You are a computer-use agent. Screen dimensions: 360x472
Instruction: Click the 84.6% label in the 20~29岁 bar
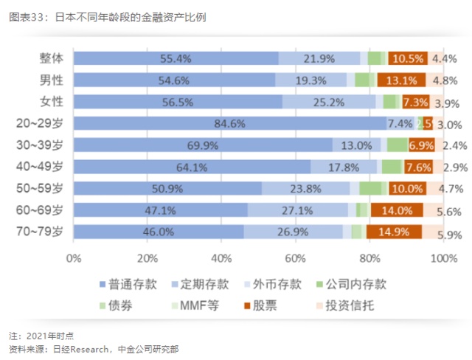229,123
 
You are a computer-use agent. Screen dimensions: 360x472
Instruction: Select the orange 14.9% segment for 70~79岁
393,232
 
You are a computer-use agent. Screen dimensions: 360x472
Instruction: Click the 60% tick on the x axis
296,258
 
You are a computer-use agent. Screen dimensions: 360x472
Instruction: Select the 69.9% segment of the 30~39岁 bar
202,145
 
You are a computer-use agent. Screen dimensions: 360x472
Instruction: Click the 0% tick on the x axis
74,258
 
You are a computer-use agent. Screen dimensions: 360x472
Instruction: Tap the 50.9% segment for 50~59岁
167,188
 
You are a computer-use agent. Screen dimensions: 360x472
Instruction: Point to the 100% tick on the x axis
443,258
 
